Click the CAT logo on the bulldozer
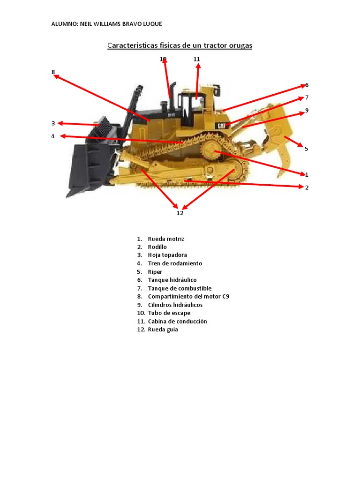[222, 126]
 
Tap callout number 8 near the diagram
[53, 72]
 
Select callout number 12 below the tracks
[180, 213]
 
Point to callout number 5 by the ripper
[306, 149]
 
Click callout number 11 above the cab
[196, 59]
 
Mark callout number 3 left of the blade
[53, 123]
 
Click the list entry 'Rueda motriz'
[166, 239]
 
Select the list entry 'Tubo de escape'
[169, 313]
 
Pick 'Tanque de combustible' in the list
[180, 288]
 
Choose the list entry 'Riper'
[155, 272]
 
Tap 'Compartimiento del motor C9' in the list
[188, 297]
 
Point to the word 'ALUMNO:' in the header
[65, 24]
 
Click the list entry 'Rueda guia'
[163, 330]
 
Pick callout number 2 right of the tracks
[307, 187]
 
